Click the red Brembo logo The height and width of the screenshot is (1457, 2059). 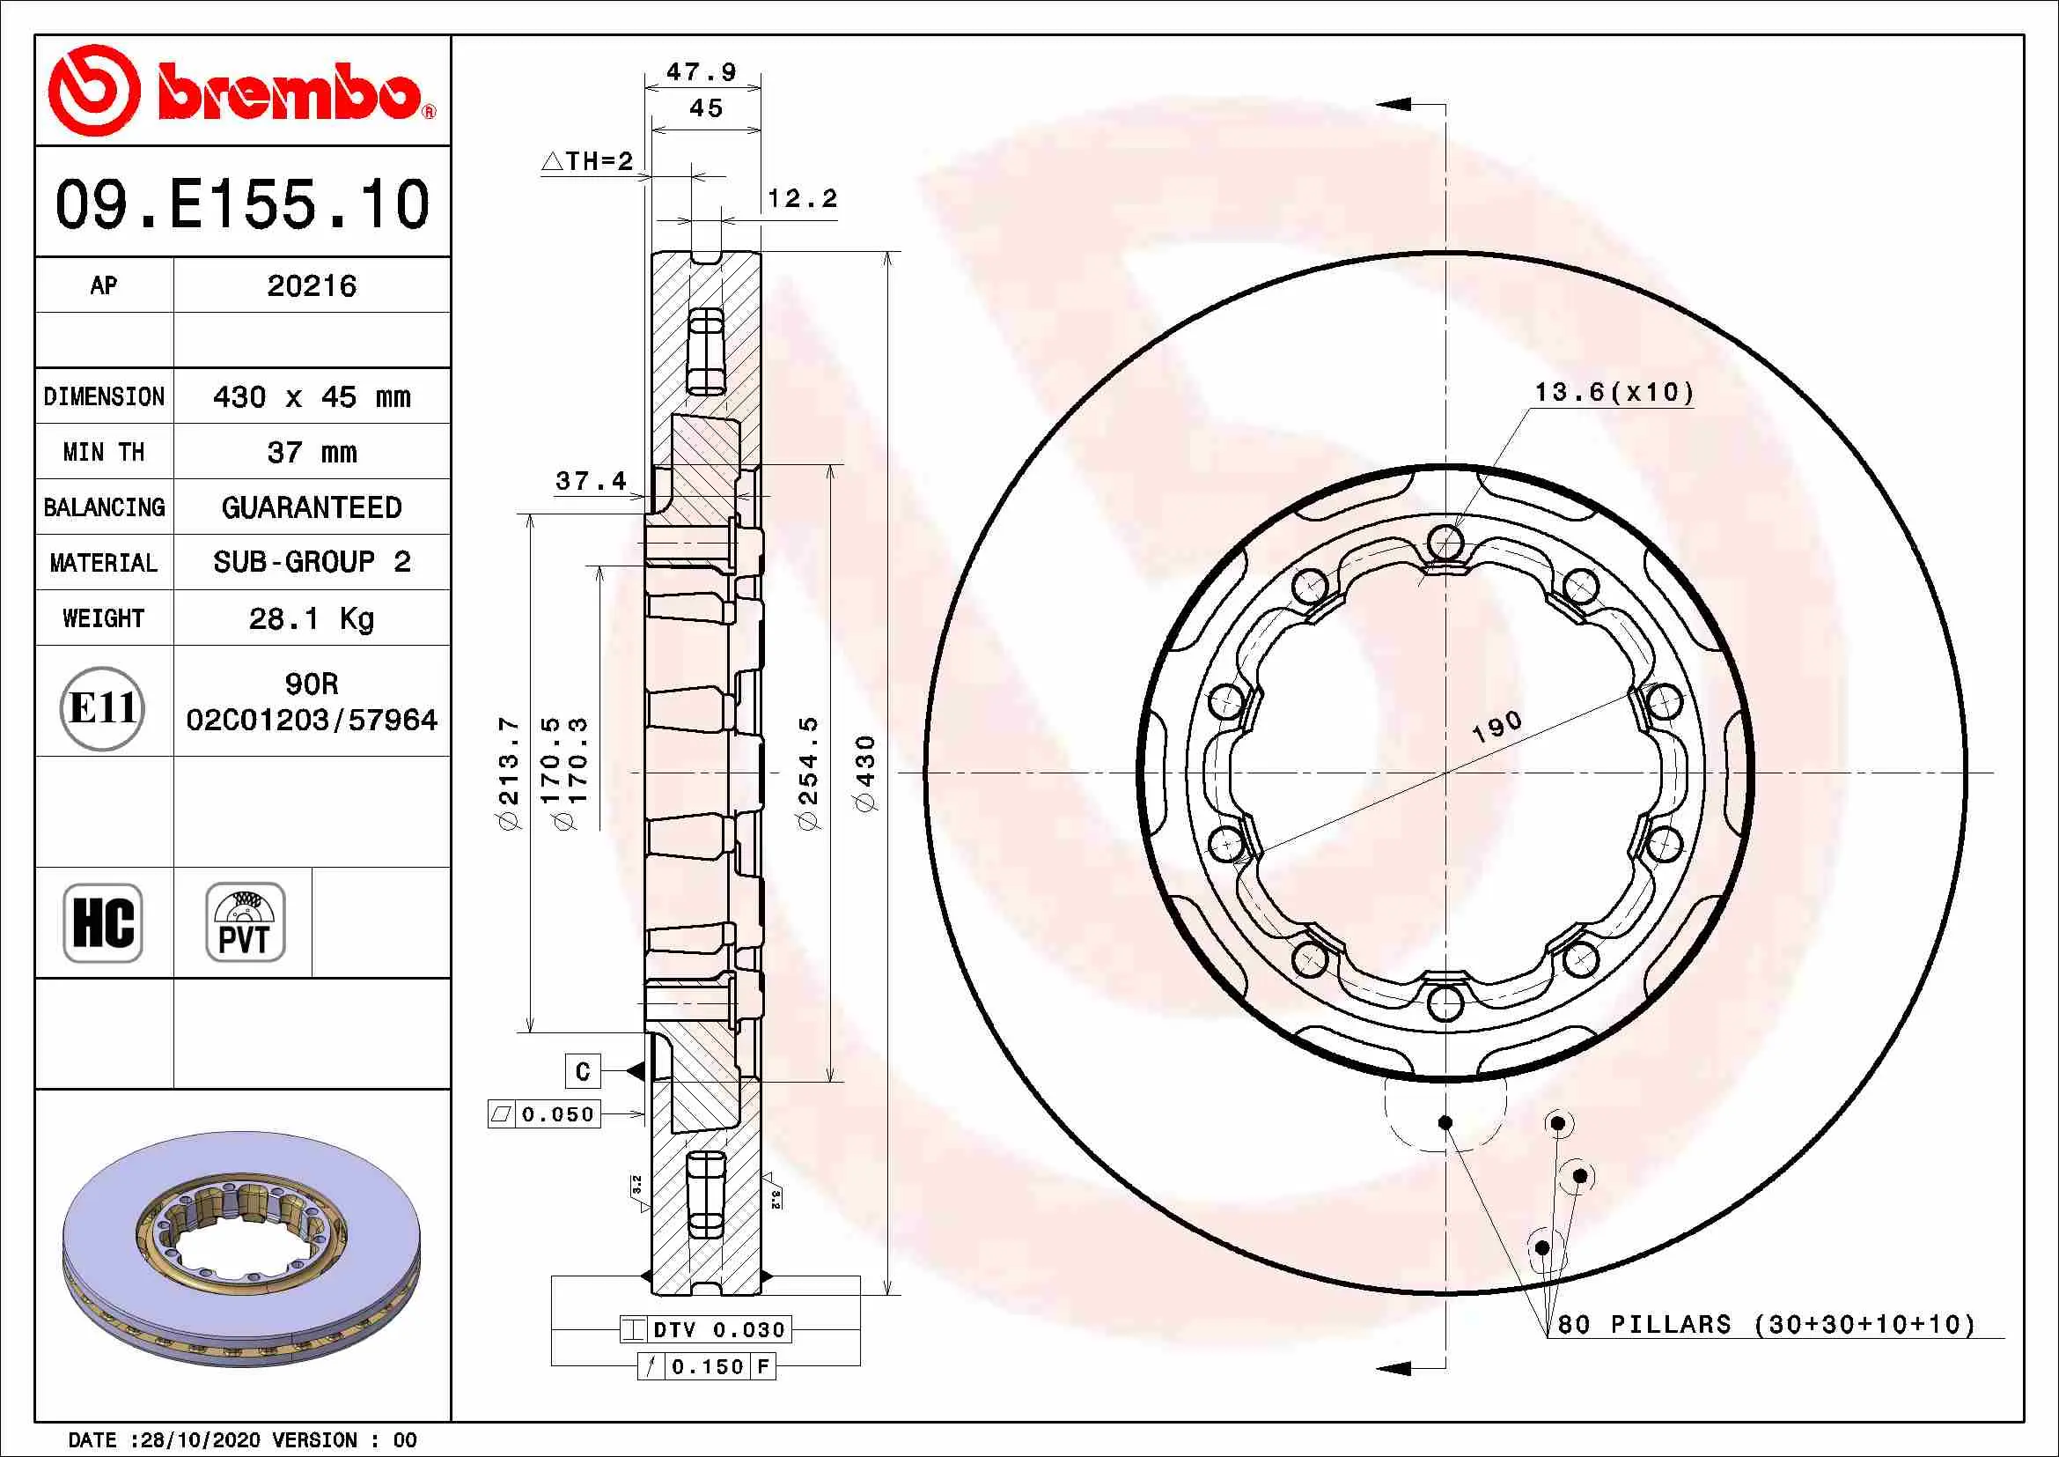242,90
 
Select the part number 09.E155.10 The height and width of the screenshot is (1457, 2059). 242,203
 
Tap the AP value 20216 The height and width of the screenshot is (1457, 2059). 311,285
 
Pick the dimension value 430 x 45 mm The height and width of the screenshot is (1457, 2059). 311,396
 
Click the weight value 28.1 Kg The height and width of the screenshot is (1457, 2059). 311,618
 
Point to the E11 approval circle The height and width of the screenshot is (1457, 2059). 103,708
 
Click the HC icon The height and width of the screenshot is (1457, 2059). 103,922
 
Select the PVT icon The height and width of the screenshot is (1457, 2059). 245,922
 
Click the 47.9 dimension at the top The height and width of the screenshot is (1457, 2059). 702,71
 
